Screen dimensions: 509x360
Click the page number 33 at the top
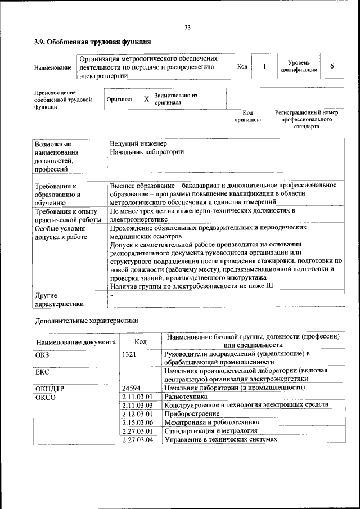(x=187, y=28)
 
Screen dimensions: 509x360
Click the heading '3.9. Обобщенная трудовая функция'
(x=92, y=42)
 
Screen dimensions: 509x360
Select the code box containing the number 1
(x=264, y=66)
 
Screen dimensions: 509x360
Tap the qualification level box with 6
(x=332, y=66)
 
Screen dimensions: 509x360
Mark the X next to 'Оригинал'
(x=146, y=99)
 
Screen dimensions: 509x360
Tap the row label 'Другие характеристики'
(x=59, y=299)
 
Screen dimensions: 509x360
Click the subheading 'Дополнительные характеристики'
(x=86, y=321)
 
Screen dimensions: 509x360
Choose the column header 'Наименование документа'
(x=76, y=341)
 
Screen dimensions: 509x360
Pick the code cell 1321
(x=130, y=354)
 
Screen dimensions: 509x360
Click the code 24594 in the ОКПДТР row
(x=131, y=388)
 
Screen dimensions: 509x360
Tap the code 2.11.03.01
(x=137, y=397)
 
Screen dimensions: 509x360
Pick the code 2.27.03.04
(x=137, y=439)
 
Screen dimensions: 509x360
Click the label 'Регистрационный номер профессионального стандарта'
(x=306, y=120)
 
